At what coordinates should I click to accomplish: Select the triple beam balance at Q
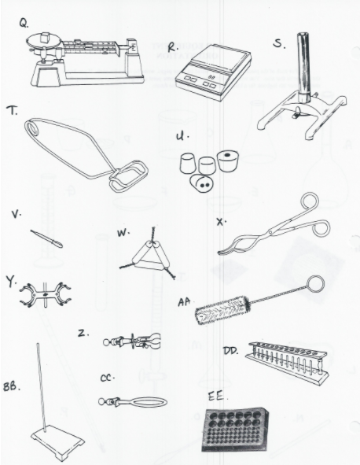coord(86,60)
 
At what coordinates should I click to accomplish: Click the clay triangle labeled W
coord(150,256)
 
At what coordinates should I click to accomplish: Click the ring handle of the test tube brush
coord(314,284)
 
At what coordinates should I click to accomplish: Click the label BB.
coord(13,387)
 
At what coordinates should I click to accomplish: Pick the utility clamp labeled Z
coord(135,341)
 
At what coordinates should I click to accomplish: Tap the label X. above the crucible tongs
coord(221,221)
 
